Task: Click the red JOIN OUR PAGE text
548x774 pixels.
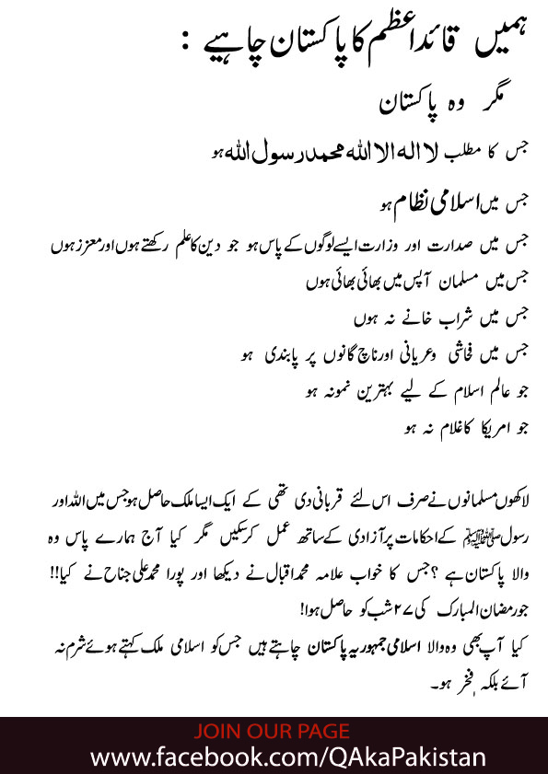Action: point(273,733)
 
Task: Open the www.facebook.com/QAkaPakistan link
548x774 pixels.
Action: point(274,757)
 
